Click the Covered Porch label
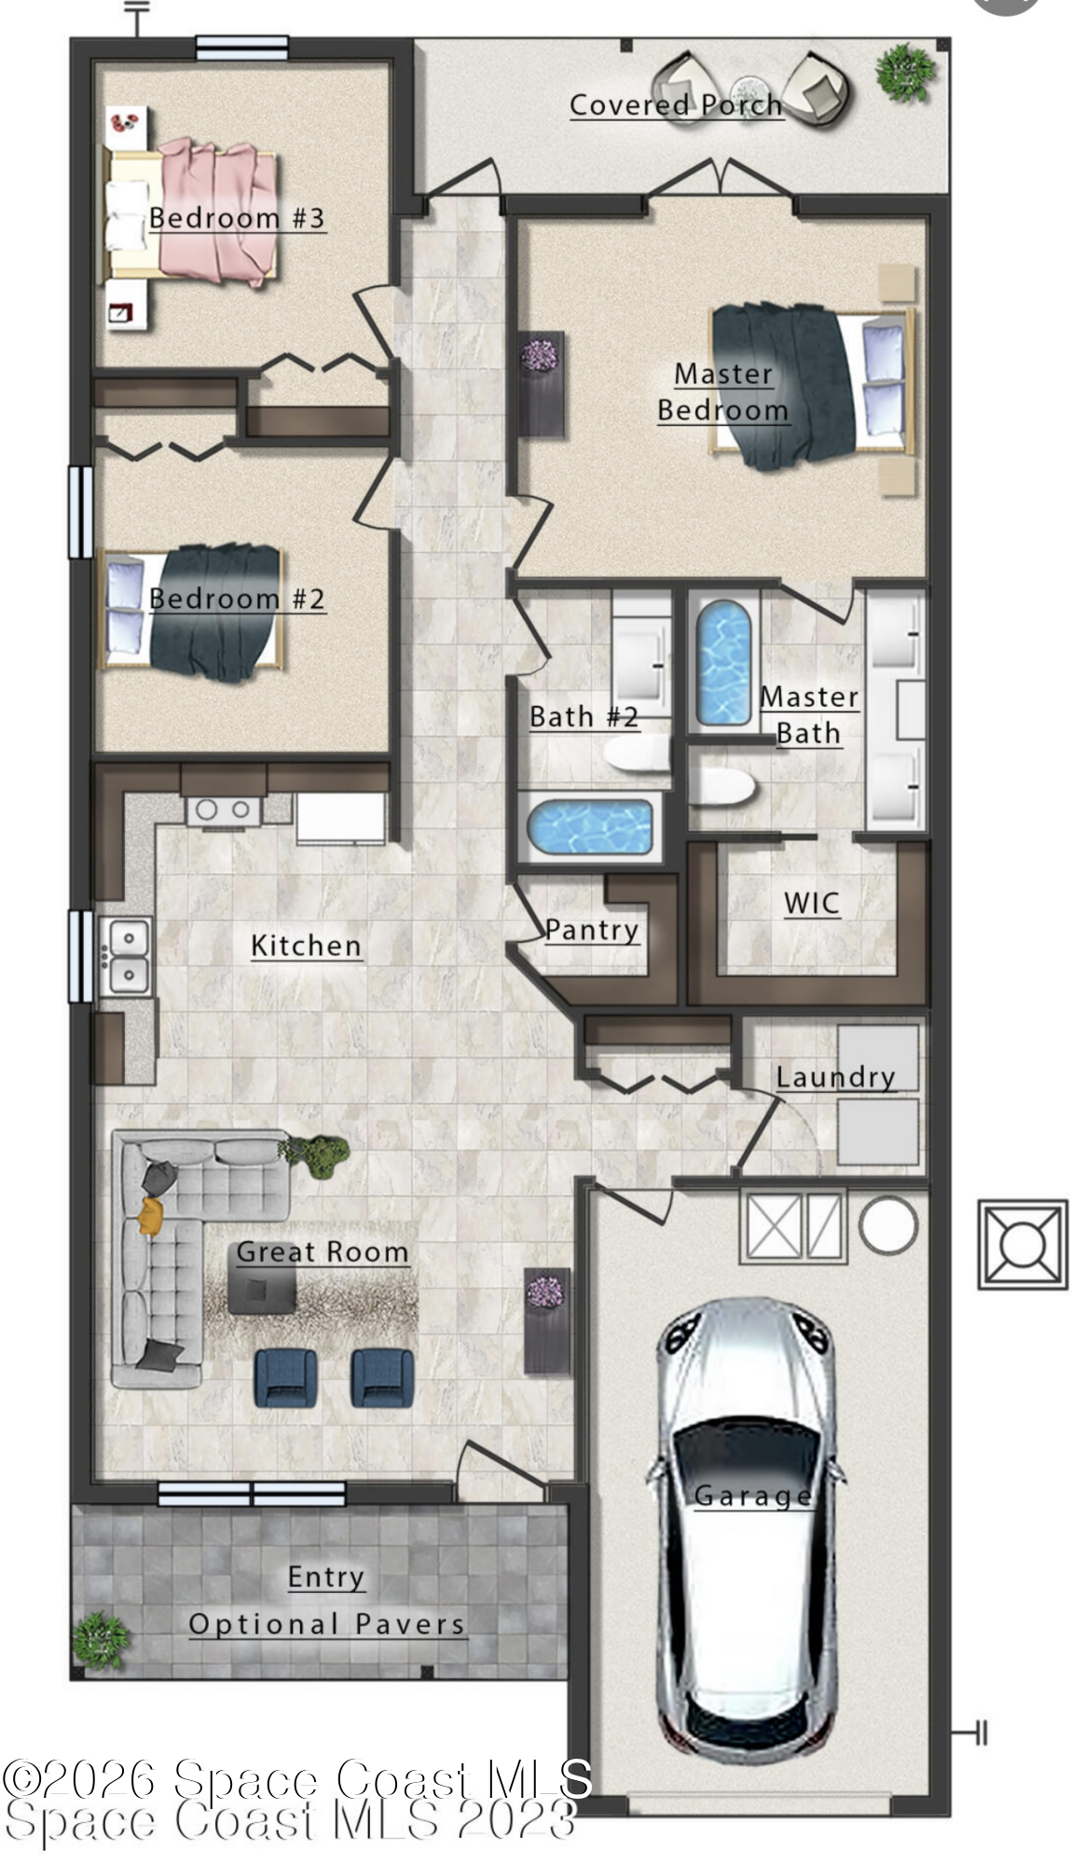tap(676, 105)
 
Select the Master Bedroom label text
tap(723, 393)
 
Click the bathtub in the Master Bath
tap(724, 663)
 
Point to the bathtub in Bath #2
tap(589, 826)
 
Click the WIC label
tap(811, 903)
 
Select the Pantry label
tap(592, 930)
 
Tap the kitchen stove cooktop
tap(224, 810)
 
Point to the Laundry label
tap(835, 1077)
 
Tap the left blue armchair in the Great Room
tap(286, 1377)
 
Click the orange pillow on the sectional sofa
tap(151, 1214)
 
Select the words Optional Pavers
tap(326, 1624)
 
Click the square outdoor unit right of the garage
tap(1023, 1245)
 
